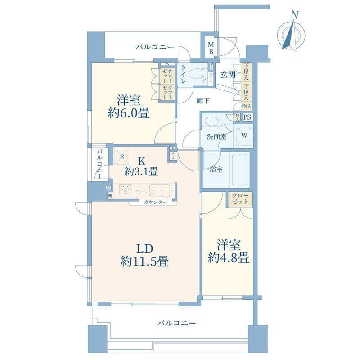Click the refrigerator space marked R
coord(122,156)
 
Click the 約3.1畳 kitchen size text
coord(141,171)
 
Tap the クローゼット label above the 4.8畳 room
coord(240,199)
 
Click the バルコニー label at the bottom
coord(176,323)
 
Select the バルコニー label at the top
coord(154,47)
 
